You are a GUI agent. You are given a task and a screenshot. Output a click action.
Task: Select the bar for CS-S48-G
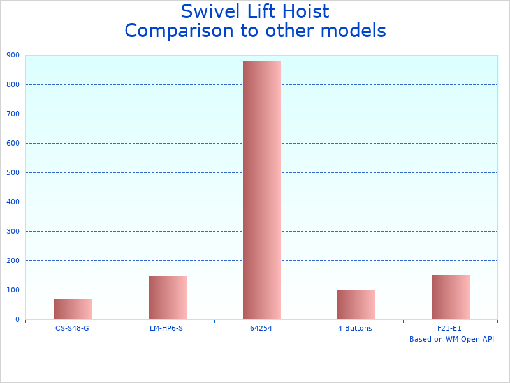click(x=73, y=309)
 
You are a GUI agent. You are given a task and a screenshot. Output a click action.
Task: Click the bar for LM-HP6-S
click(x=167, y=297)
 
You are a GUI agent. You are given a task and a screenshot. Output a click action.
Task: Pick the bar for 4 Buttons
click(x=356, y=304)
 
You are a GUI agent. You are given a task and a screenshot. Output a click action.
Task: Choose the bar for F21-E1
click(x=450, y=297)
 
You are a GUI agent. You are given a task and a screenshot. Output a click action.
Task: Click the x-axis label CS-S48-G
click(x=73, y=328)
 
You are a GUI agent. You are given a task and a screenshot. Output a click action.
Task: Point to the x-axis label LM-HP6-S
click(x=167, y=328)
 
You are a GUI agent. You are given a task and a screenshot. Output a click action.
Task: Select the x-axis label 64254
click(x=261, y=328)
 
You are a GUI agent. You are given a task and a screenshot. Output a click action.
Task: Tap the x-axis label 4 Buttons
click(x=356, y=328)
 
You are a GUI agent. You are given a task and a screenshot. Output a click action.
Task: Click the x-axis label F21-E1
click(x=450, y=328)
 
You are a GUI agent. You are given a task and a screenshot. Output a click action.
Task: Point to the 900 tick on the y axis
click(x=13, y=55)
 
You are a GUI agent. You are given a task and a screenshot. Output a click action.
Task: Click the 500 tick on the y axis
click(x=13, y=172)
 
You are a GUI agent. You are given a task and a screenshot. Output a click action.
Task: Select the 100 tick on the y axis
click(x=13, y=290)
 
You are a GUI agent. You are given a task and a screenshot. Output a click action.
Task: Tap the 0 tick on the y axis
click(x=17, y=319)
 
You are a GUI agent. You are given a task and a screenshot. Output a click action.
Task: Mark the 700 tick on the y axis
click(x=13, y=114)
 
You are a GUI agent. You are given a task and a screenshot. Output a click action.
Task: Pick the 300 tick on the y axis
click(x=13, y=231)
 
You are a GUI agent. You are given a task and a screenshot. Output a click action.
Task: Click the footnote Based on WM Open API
click(x=451, y=339)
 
